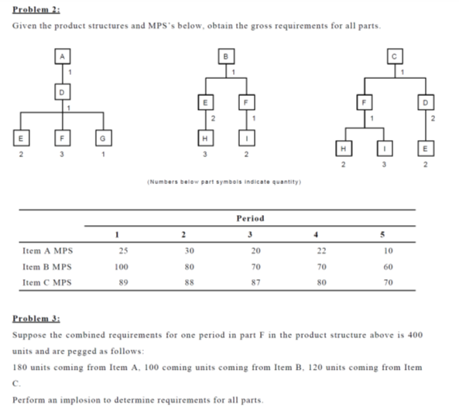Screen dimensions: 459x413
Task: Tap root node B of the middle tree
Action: tap(227, 55)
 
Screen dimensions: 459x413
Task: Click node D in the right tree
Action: tap(423, 101)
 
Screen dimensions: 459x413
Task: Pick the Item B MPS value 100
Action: tap(120, 266)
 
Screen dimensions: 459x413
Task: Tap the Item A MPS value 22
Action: tap(322, 250)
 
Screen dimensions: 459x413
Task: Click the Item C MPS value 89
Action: tap(120, 282)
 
